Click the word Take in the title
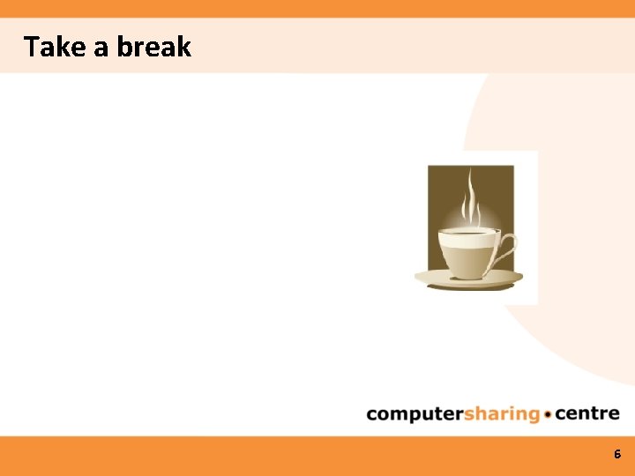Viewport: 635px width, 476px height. (54, 47)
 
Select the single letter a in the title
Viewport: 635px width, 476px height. (101, 48)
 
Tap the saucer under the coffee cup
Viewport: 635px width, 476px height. (468, 279)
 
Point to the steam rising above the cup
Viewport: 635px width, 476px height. (471, 197)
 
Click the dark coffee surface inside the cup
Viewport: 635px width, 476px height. (467, 232)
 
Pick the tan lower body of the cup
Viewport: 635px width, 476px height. (467, 261)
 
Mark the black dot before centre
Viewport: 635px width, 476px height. (549, 414)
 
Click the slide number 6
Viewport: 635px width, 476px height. (617, 455)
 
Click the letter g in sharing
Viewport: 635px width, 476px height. (533, 416)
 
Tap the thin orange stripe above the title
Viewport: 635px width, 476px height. (317, 8)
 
